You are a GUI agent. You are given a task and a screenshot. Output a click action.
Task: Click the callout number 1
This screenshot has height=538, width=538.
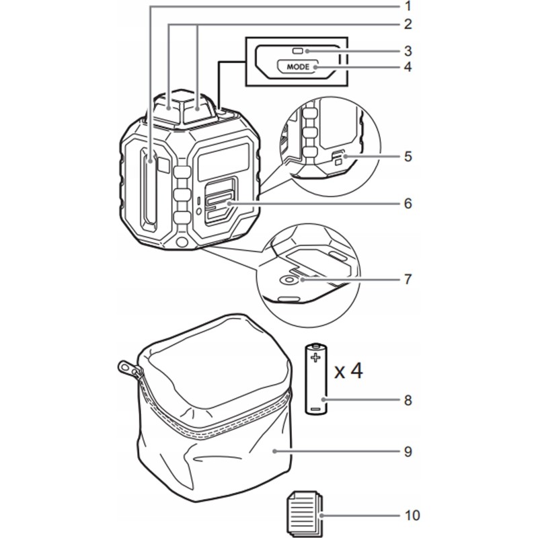[407, 7]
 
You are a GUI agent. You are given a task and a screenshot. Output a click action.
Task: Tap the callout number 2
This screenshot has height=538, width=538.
[407, 25]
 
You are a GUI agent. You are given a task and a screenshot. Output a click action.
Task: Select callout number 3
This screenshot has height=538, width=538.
[407, 50]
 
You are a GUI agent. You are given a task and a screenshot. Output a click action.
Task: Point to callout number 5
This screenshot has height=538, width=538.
[407, 157]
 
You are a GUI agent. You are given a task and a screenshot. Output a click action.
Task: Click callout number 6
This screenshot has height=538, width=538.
[407, 202]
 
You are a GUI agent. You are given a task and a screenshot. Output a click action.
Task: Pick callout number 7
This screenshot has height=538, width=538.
[407, 278]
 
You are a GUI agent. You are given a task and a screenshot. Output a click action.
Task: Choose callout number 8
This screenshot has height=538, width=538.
[407, 400]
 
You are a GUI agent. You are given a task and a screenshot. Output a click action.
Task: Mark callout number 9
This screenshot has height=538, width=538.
[407, 451]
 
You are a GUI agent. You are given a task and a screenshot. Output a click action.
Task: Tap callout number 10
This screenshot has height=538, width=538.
[412, 516]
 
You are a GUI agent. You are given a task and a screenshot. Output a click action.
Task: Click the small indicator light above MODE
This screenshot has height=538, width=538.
[297, 50]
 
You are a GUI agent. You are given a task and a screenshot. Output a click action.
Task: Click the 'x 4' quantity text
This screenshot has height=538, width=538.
[348, 370]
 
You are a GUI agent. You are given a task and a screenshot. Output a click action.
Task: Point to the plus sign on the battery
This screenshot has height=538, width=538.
[316, 357]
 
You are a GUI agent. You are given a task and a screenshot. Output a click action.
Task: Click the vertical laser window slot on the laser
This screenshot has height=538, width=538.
[148, 195]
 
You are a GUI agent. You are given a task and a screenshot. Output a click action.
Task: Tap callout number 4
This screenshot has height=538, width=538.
[407, 67]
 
